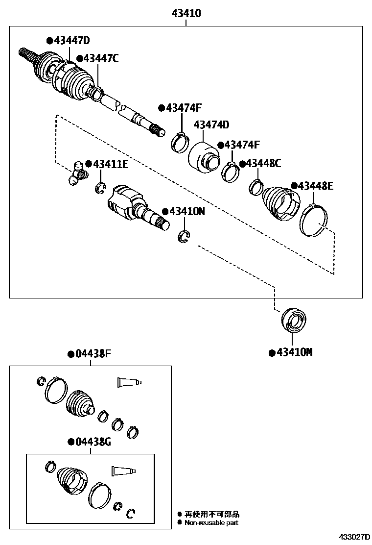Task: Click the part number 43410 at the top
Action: [x=186, y=13]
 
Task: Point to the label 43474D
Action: [x=211, y=125]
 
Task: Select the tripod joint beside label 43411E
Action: [x=77, y=173]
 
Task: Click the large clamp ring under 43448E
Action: [x=313, y=222]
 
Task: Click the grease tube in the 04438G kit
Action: [x=123, y=471]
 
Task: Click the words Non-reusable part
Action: [x=211, y=523]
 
